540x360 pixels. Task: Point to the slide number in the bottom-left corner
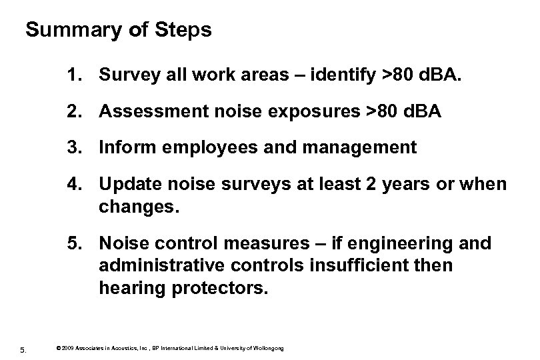23,346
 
